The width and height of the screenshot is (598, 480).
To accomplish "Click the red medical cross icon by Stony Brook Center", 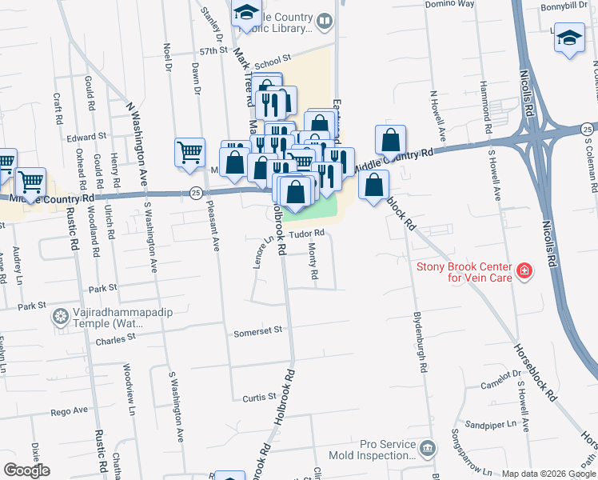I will (x=524, y=272).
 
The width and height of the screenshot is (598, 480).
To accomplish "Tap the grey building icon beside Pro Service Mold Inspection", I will (x=427, y=446).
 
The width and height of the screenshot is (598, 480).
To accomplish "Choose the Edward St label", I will (x=86, y=137).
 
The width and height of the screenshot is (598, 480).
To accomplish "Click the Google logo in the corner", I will (x=26, y=470).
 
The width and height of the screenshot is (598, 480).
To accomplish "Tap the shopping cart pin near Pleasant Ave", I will (x=189, y=150).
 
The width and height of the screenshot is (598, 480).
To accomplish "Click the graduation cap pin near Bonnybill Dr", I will (x=569, y=38).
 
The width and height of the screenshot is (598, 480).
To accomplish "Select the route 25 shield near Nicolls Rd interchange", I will (x=588, y=129).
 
